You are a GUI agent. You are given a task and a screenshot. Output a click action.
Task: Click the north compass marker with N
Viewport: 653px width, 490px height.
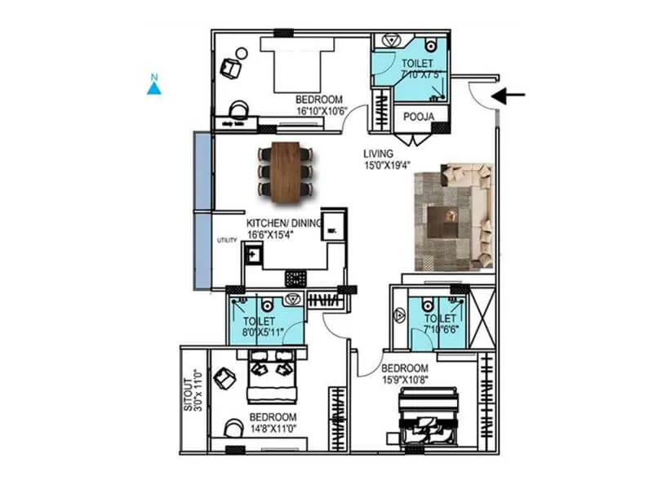(x=153, y=85)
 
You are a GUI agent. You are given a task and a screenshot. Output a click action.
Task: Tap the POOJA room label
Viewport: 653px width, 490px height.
(x=419, y=117)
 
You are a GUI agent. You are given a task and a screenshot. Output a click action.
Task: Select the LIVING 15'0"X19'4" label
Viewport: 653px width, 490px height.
(x=386, y=158)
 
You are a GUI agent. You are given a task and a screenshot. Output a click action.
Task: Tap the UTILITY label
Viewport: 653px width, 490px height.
(x=226, y=240)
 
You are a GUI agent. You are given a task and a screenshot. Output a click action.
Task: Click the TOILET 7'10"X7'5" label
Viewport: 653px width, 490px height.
(x=418, y=68)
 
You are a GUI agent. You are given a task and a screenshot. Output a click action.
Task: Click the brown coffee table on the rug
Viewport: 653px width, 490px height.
(x=447, y=217)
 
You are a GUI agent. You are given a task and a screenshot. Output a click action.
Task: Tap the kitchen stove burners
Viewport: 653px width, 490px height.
(x=295, y=278)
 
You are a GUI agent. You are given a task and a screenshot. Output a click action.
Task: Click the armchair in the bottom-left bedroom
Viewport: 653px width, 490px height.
(x=224, y=378)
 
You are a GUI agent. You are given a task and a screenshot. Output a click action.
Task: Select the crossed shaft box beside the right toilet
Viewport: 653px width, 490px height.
(x=482, y=319)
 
